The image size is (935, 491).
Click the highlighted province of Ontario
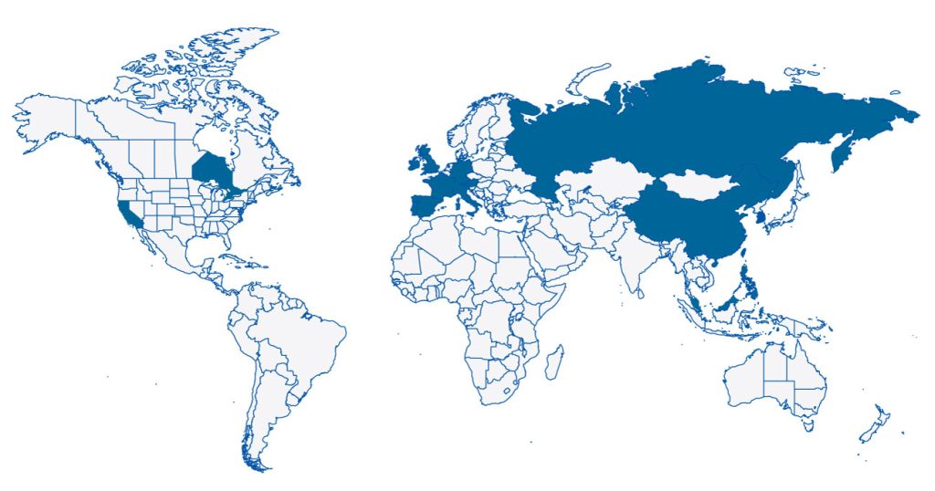[x=213, y=171]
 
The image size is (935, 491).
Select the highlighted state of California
[x=130, y=214]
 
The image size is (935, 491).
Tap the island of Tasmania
[x=806, y=423]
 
